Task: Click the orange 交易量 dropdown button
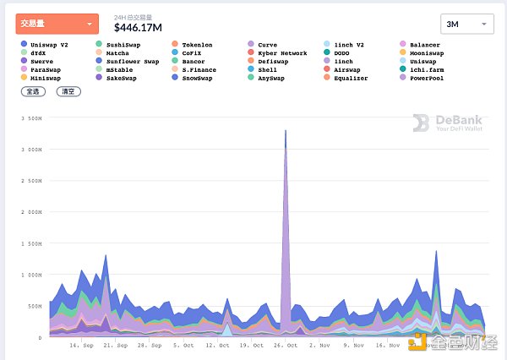tap(57, 24)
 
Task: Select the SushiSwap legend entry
tap(123, 44)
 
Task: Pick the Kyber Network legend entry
tap(281, 53)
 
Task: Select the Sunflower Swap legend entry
tap(128, 62)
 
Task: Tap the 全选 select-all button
tap(33, 90)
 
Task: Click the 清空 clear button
tap(68, 90)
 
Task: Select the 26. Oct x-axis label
tap(286, 346)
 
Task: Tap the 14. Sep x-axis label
tap(81, 346)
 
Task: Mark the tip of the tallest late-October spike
tap(286, 130)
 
